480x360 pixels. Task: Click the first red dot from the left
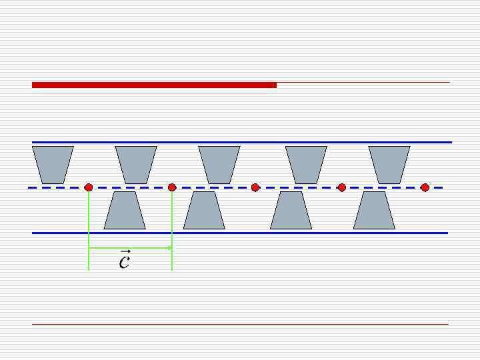(x=89, y=188)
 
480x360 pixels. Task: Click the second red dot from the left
(x=172, y=188)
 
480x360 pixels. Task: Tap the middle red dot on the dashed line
(x=255, y=188)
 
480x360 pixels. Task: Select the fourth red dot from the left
(x=342, y=188)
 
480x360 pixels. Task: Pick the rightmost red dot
(x=425, y=188)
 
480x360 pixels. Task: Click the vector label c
(x=124, y=261)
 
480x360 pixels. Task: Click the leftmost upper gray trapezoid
(x=53, y=165)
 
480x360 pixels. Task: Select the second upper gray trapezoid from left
(x=136, y=165)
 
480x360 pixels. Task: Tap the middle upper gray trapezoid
(x=219, y=165)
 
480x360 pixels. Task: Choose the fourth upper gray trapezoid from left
(x=306, y=165)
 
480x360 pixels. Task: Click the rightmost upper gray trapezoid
(x=389, y=165)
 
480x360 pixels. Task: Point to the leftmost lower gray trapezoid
(x=125, y=211)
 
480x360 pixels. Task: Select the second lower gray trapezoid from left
(x=204, y=211)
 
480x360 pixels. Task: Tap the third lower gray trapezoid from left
(x=291, y=211)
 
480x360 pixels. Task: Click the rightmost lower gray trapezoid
(x=374, y=211)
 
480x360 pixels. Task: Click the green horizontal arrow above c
(x=130, y=248)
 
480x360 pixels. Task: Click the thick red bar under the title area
(x=154, y=85)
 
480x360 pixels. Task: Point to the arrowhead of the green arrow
(x=170, y=248)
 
